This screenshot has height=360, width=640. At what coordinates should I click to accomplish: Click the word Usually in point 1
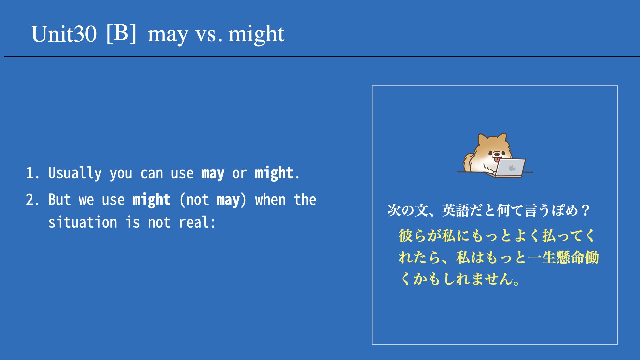75,173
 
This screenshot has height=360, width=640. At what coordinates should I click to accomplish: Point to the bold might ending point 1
274,173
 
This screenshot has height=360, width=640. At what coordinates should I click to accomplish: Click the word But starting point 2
60,200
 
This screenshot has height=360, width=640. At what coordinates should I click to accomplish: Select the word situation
83,222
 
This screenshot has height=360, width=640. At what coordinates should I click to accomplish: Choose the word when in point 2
270,200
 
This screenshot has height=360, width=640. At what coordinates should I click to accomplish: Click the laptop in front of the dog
509,168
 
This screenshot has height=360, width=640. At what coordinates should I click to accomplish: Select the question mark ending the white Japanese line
585,211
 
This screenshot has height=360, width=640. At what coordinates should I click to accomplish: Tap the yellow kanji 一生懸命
556,257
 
